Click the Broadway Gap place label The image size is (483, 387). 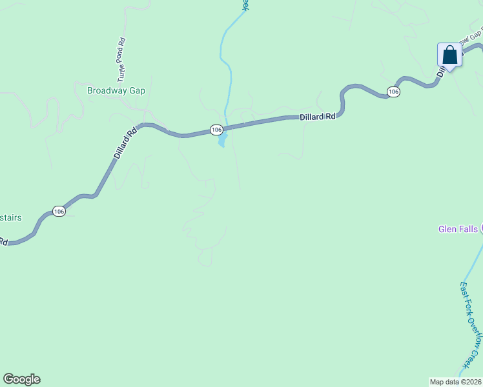[x=116, y=90]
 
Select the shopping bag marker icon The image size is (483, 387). [x=449, y=55]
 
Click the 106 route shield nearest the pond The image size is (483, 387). [x=217, y=130]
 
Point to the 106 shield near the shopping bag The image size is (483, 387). [x=393, y=92]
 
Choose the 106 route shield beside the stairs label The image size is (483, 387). [x=59, y=212]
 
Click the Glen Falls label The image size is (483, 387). [x=458, y=229]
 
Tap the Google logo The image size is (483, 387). [x=21, y=379]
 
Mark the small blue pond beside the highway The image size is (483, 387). [x=222, y=139]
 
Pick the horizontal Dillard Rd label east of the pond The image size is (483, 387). [x=318, y=117]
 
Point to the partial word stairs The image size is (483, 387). [x=10, y=217]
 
